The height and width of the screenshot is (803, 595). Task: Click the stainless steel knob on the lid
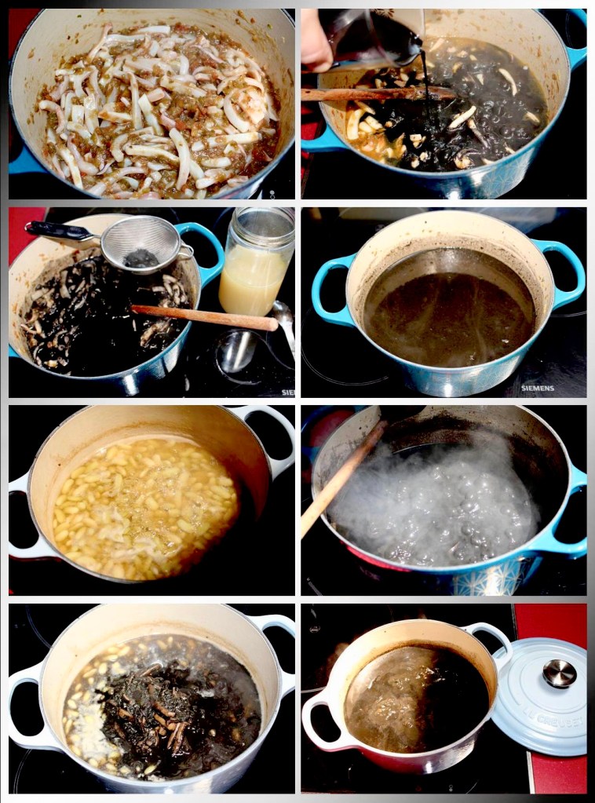click(559, 673)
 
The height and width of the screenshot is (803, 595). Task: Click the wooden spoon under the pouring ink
click(377, 93)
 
